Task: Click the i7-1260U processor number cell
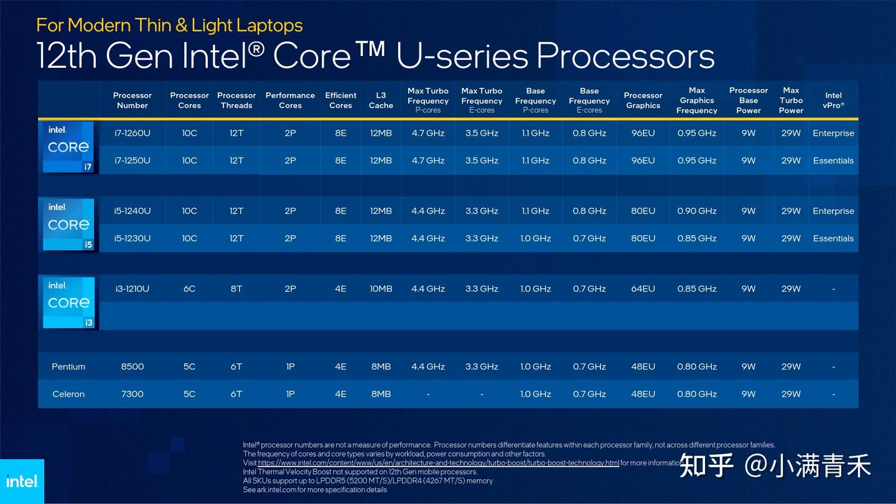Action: coord(132,133)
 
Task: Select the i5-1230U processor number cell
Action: coord(132,238)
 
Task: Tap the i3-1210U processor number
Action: coord(132,289)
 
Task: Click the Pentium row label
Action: coord(68,366)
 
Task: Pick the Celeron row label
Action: coord(68,394)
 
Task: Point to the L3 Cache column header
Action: coord(381,100)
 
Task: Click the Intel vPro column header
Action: coord(833,100)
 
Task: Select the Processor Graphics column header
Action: coord(643,100)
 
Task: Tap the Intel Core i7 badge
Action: coord(68,147)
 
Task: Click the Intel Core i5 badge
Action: coord(68,225)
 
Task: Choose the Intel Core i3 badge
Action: coord(68,302)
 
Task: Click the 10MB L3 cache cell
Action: coord(381,289)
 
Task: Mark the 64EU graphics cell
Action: coord(643,289)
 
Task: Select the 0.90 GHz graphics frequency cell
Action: coord(697,211)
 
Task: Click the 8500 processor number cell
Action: coord(132,366)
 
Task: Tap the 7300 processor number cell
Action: coord(132,394)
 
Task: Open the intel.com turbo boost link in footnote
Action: coord(438,463)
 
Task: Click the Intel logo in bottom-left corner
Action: coord(22,482)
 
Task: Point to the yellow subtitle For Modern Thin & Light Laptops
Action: coord(169,25)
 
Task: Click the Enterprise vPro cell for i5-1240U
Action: coord(833,211)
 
